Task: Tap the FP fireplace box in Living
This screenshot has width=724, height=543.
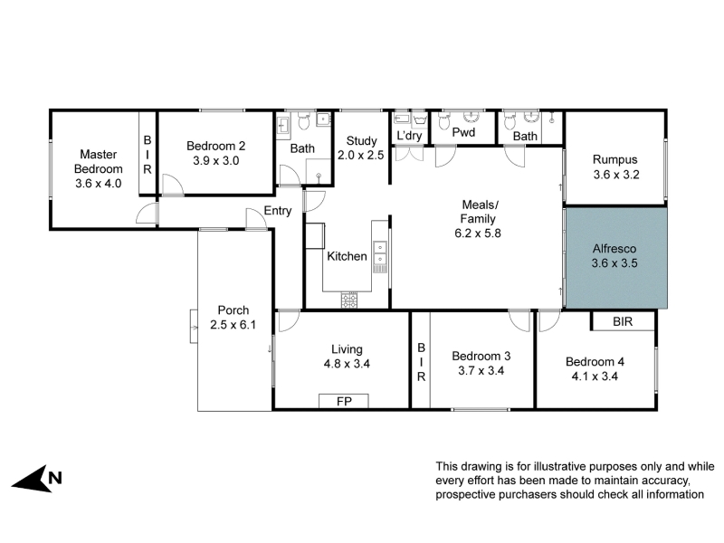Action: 344,401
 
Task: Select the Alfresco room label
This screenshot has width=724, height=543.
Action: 614,248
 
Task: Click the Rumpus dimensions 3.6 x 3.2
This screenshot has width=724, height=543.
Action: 616,175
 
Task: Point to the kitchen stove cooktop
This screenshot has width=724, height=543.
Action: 349,300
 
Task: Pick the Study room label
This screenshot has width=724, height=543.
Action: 361,141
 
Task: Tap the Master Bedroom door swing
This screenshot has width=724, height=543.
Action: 148,214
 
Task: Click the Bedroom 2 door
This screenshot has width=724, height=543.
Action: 172,185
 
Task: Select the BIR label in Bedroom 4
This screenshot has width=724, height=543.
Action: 623,321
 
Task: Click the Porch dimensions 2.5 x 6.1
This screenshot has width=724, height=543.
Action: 233,325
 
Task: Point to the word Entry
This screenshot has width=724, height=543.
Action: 278,211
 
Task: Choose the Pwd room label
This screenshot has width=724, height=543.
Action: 463,132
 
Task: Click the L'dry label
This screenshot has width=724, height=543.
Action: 409,136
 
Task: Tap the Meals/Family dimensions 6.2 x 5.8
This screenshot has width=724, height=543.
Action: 478,233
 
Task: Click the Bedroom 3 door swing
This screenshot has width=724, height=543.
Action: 519,320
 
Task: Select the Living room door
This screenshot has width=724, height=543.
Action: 289,321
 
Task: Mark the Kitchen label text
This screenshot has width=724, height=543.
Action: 347,256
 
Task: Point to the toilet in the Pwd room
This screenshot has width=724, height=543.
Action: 443,122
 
